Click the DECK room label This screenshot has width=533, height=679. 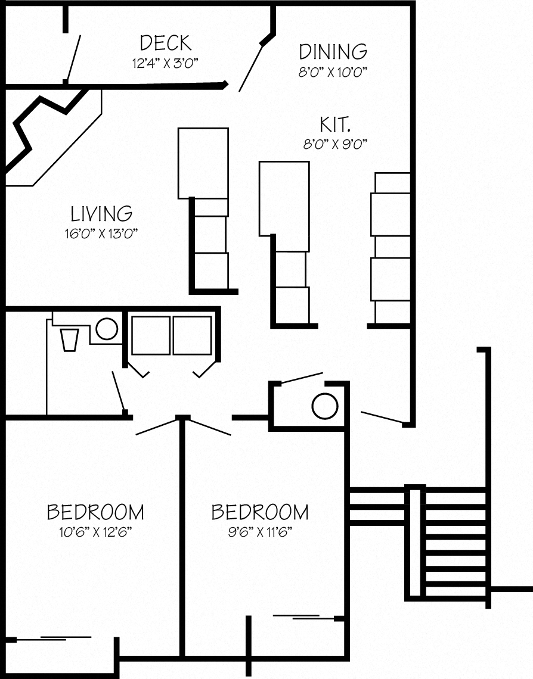tap(165, 43)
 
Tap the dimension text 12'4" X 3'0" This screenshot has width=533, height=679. tap(165, 63)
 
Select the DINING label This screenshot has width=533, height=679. tap(333, 52)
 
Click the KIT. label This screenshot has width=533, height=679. tap(334, 124)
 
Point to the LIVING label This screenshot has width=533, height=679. tap(101, 213)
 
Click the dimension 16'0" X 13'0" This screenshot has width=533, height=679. tap(101, 233)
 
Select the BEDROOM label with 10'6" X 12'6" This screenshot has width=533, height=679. tap(95, 512)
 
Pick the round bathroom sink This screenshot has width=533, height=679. tap(107, 329)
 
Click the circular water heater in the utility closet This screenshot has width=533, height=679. tap(325, 406)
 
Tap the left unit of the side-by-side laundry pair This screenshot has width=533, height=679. tap(151, 335)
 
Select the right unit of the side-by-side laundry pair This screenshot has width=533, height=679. tap(192, 335)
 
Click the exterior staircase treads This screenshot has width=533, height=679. tap(456, 542)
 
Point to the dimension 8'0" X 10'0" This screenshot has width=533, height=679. tap(333, 71)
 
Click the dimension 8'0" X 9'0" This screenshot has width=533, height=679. tap(334, 144)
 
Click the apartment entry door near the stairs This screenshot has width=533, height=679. tap(382, 418)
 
